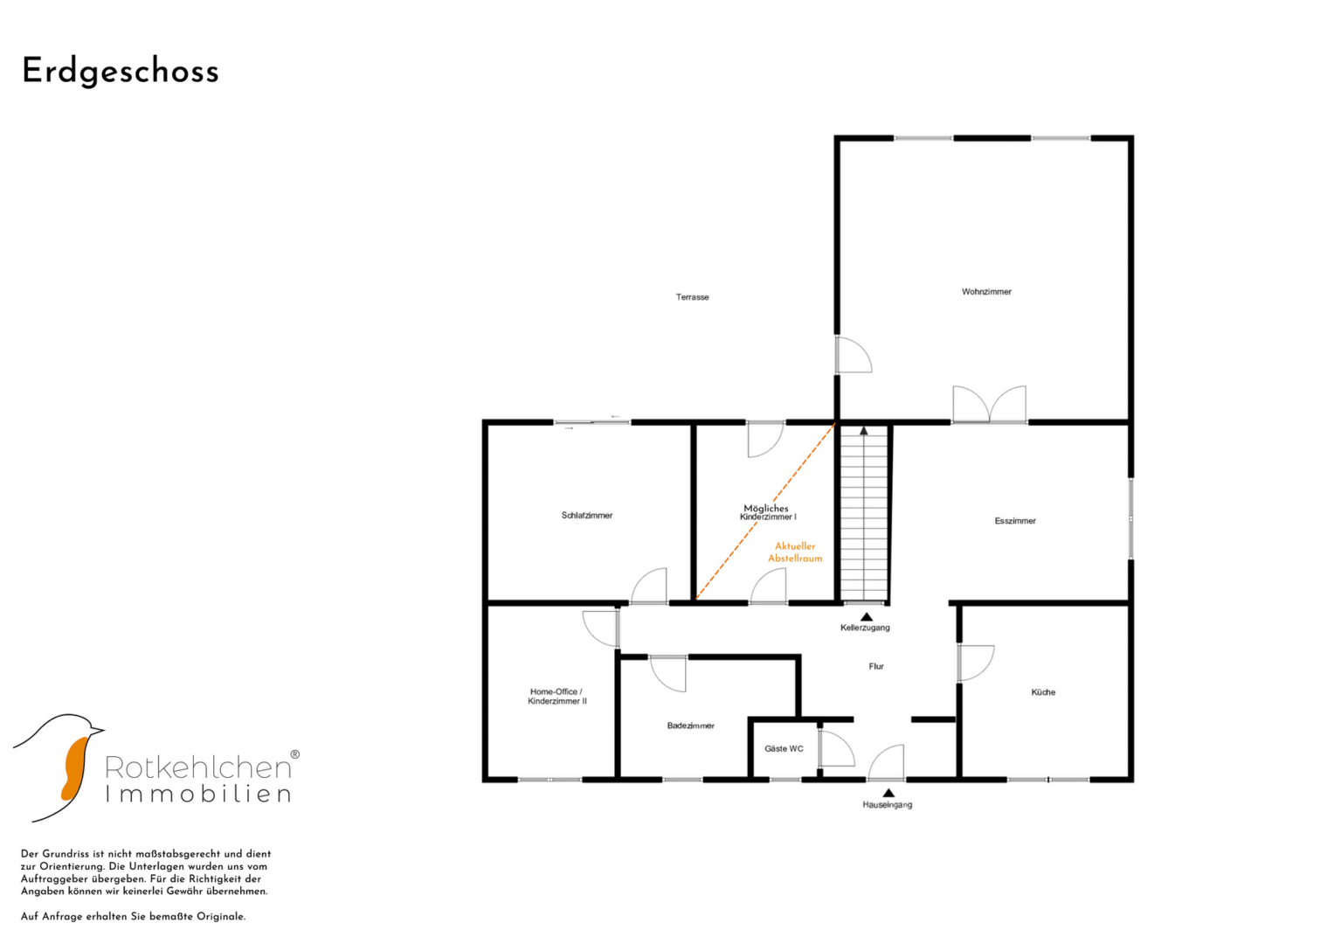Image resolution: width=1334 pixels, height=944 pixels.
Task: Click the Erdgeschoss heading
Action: click(121, 72)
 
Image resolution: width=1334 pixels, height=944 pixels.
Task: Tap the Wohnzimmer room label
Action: click(986, 291)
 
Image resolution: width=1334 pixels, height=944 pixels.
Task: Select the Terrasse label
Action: click(692, 297)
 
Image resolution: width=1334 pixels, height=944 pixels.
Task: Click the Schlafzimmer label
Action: click(586, 515)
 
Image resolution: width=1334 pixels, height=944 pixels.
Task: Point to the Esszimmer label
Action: click(1015, 520)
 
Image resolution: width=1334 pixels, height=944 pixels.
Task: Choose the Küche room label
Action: click(1043, 692)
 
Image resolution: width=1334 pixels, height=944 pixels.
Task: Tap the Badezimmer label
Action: click(690, 725)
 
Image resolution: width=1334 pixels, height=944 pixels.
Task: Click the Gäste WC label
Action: click(784, 748)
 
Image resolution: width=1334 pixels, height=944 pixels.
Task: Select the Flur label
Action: click(876, 666)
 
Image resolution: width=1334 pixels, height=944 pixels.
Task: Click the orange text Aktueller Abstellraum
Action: click(795, 552)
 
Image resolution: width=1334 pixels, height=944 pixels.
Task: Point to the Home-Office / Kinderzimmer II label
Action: click(556, 696)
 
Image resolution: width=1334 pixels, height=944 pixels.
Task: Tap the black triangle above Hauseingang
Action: click(888, 793)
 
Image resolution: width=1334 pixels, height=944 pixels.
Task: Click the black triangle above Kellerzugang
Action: click(867, 617)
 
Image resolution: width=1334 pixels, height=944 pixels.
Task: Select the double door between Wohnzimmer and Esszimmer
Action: click(989, 405)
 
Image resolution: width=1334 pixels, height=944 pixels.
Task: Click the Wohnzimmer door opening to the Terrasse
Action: click(854, 355)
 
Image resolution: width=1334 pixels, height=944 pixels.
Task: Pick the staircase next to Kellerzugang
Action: click(863, 514)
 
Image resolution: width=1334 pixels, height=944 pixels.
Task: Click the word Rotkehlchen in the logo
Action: click(198, 767)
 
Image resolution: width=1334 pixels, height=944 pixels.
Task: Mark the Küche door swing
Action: click(976, 663)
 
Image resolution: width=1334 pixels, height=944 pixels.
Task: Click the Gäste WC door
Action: click(837, 748)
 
